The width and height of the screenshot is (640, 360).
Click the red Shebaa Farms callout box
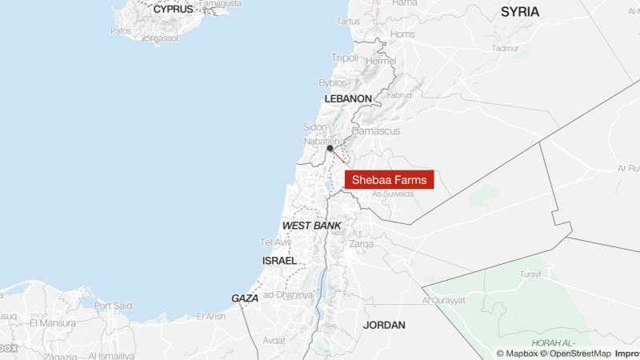pos(389,179)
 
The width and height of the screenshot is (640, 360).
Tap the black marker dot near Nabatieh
pos(330,148)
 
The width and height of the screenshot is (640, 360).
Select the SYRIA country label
pos(520,12)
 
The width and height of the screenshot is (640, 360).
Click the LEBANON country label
pos(348,98)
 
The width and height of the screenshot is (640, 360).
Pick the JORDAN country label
pos(384,325)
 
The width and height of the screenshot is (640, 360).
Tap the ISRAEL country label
pos(279,261)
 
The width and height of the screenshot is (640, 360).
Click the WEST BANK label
pos(311,226)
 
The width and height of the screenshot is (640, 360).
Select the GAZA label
pos(245,298)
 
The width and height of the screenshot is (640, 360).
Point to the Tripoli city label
pos(345,58)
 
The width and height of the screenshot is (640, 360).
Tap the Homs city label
pos(402,34)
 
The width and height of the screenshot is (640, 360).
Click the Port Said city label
pos(113,306)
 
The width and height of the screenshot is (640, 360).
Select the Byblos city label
pos(333,82)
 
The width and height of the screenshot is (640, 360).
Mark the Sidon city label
pos(314,127)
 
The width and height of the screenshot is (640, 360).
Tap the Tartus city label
pos(349,21)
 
